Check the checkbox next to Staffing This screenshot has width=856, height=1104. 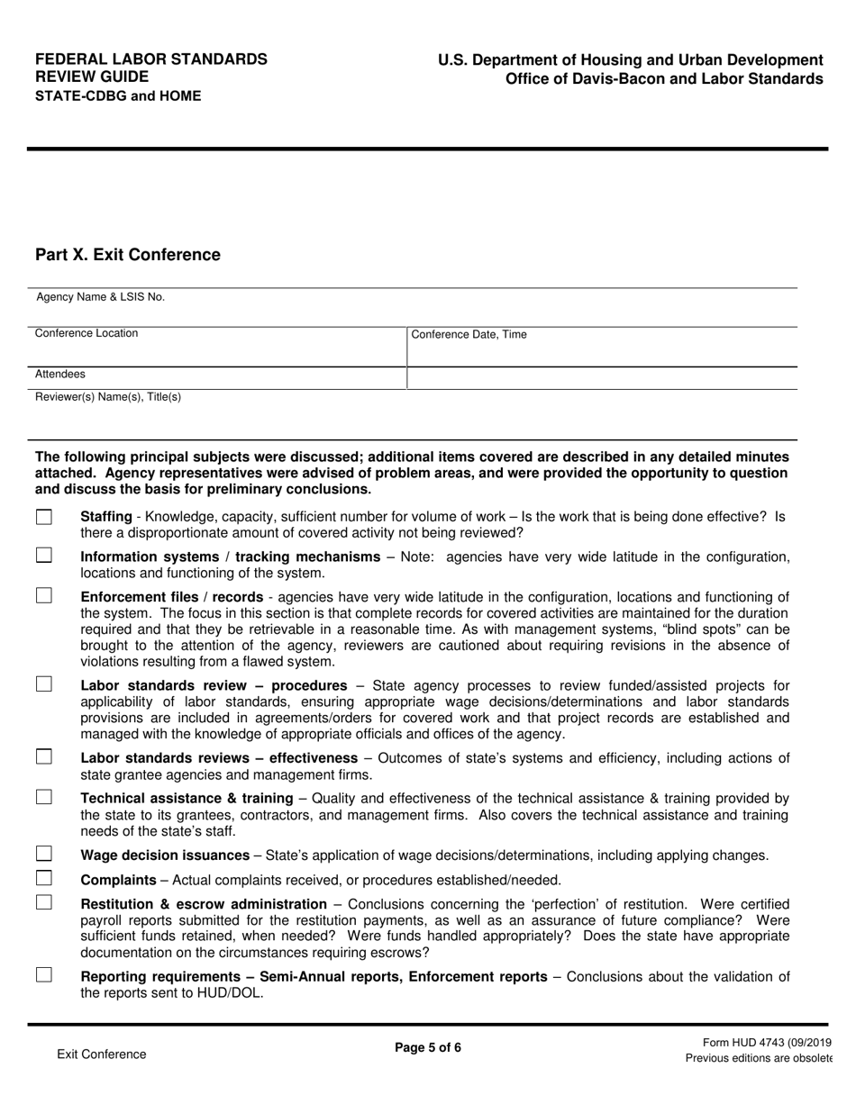[44, 517]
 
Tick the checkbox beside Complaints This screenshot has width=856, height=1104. [44, 878]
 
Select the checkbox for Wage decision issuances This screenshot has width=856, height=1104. [44, 854]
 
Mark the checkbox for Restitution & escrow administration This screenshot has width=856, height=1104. [44, 902]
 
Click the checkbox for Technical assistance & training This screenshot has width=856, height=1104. [44, 797]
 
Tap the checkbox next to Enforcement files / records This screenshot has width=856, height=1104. [44, 595]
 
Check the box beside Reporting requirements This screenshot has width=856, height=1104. [44, 974]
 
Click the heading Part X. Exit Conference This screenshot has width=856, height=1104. [127, 255]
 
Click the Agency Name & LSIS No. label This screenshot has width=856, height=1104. [100, 297]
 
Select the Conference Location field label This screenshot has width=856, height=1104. [87, 333]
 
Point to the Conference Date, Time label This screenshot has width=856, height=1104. [469, 335]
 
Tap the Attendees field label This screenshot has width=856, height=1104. [60, 374]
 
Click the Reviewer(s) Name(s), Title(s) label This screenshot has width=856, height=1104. [107, 397]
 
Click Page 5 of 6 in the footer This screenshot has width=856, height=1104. [428, 1047]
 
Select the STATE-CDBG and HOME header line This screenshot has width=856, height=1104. [118, 95]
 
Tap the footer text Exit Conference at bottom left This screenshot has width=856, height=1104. [101, 1054]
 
